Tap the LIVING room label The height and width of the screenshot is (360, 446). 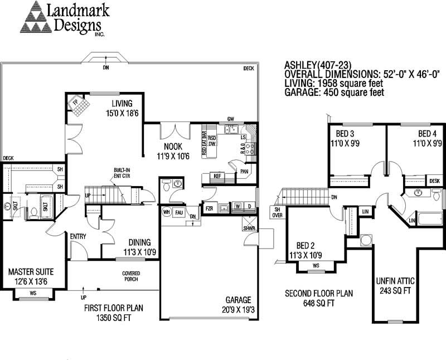pos(121,104)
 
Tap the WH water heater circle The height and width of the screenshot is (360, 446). pos(166,212)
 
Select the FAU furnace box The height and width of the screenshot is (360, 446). pos(180,212)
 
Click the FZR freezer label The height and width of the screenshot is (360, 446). pos(210,209)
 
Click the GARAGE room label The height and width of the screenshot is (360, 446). pos(238,299)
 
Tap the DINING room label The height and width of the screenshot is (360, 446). pos(139,242)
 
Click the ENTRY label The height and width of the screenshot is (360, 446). pos(78,236)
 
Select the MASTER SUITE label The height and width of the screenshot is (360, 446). pos(31,272)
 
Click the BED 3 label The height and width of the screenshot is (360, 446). pos(345,134)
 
